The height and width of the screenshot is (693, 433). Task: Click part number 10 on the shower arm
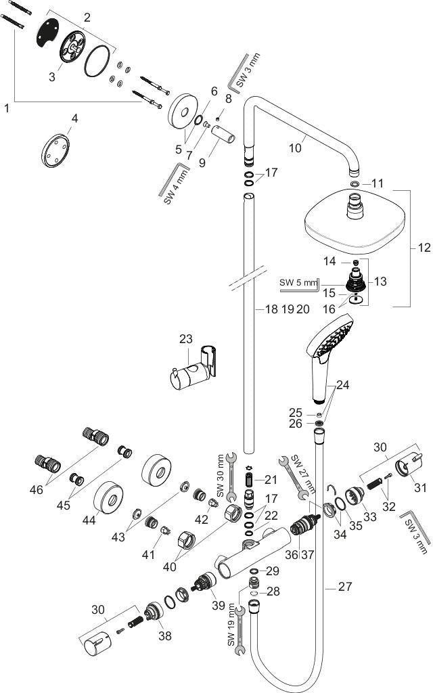tap(295, 147)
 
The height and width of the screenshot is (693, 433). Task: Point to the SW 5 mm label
tap(298, 282)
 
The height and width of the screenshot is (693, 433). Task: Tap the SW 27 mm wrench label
tap(304, 474)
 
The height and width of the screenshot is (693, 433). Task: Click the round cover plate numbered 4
tap(55, 150)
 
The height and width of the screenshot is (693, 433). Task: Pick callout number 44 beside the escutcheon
tap(89, 520)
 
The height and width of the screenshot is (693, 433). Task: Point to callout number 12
tap(424, 248)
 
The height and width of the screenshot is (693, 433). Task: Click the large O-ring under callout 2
tap(96, 60)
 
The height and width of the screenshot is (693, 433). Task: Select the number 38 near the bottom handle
tap(165, 635)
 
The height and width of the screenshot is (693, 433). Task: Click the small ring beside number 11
tap(355, 183)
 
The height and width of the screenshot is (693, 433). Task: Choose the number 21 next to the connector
tap(271, 478)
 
